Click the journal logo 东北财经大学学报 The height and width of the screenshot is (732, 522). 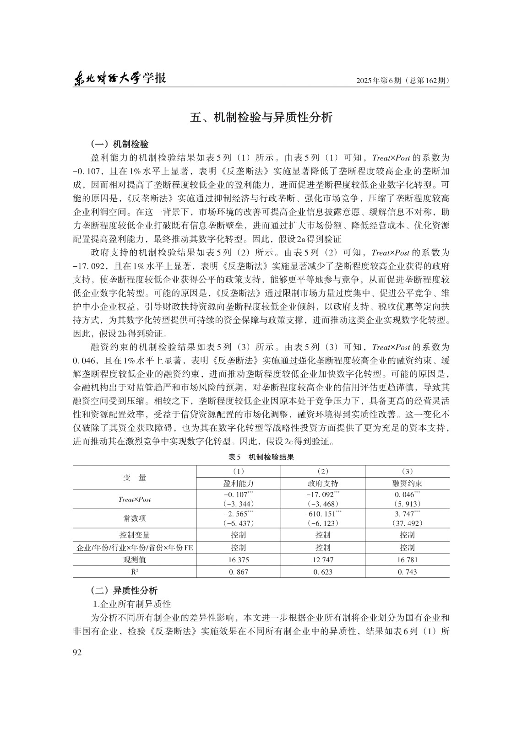point(120,79)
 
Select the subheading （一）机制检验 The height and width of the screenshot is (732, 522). point(120,145)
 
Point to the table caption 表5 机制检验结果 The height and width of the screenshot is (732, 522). point(261,457)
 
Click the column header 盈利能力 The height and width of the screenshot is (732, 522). point(238,484)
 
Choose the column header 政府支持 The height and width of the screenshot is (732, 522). point(323,484)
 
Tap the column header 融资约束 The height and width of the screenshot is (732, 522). point(407,484)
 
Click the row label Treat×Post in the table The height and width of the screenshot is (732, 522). point(135,500)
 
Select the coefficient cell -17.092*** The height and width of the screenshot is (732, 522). point(323,495)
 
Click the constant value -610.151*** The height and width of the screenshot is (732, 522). point(323,514)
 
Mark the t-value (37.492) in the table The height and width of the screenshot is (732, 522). point(407,523)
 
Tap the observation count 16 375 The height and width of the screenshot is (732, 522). point(238,560)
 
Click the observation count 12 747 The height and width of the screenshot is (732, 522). point(323,560)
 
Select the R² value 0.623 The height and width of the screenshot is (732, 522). point(323,572)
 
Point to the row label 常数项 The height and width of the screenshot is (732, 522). point(135,518)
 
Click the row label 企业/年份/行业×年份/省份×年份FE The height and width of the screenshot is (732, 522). point(135,548)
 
